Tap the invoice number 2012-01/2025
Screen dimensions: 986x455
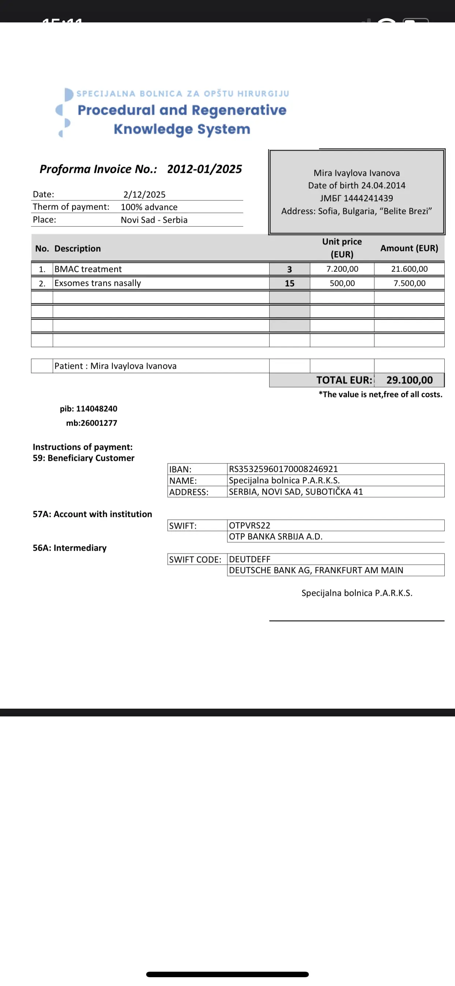point(204,169)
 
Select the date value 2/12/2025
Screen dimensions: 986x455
point(144,194)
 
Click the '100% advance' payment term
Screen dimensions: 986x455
point(149,207)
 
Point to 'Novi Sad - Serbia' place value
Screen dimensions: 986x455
point(154,220)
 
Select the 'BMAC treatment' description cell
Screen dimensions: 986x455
point(88,269)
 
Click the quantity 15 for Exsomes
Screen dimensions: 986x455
point(289,284)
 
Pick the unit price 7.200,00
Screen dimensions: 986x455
point(342,269)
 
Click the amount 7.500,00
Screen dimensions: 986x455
point(409,284)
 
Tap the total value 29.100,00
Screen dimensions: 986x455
point(409,380)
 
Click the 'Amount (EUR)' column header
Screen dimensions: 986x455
point(409,248)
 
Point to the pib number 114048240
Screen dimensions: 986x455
point(96,409)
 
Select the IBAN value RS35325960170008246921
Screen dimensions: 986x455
point(283,469)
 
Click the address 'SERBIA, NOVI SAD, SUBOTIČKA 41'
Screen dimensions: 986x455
point(296,492)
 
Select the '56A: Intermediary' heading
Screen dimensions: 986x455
point(70,548)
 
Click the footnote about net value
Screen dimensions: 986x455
point(380,395)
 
